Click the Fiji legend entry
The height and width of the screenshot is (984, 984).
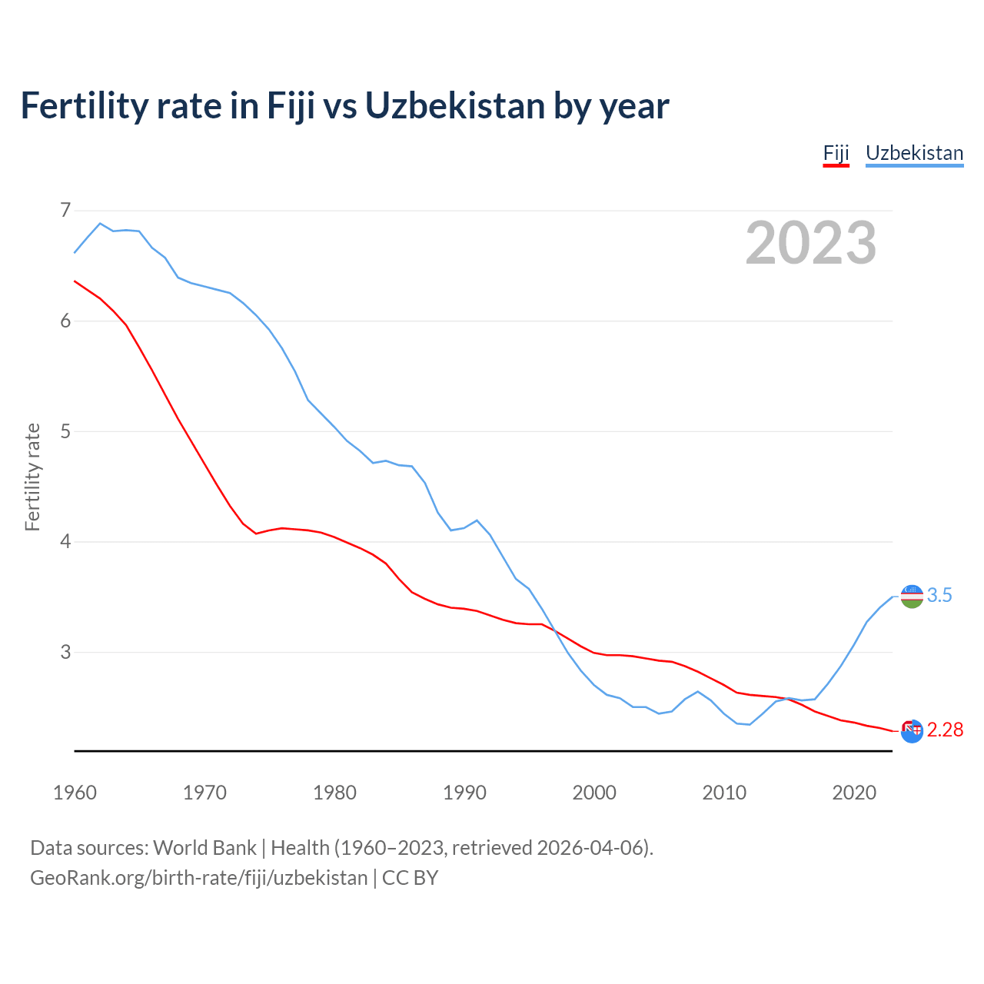[x=836, y=153]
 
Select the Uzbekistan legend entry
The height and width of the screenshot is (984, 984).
[x=914, y=153]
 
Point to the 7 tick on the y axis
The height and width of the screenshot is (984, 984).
[x=65, y=210]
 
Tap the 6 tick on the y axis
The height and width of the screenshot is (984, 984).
[x=65, y=321]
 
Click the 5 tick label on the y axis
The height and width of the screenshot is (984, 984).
[x=65, y=431]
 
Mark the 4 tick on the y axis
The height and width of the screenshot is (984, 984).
[x=65, y=541]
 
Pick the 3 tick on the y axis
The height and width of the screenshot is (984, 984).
[x=65, y=652]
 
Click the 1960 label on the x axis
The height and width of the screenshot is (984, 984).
[x=75, y=793]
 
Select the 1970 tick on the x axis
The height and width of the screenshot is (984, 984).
[x=204, y=793]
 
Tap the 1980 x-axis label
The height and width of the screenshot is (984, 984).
[x=334, y=793]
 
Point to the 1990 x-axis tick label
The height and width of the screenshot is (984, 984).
[x=464, y=793]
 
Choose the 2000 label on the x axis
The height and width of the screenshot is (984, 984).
[x=594, y=793]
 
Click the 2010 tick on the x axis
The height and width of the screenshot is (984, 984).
[x=724, y=793]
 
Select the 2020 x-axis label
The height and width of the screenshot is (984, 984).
[x=854, y=793]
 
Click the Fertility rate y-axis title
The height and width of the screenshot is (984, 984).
[x=32, y=477]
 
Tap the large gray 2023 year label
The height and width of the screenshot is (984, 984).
[x=811, y=243]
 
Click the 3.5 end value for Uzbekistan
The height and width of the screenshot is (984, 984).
[x=939, y=596]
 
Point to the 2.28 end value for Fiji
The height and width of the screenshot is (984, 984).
[x=945, y=730]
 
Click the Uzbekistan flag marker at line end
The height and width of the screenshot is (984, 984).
[x=912, y=596]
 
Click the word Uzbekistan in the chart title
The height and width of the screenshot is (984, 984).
[x=455, y=105]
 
